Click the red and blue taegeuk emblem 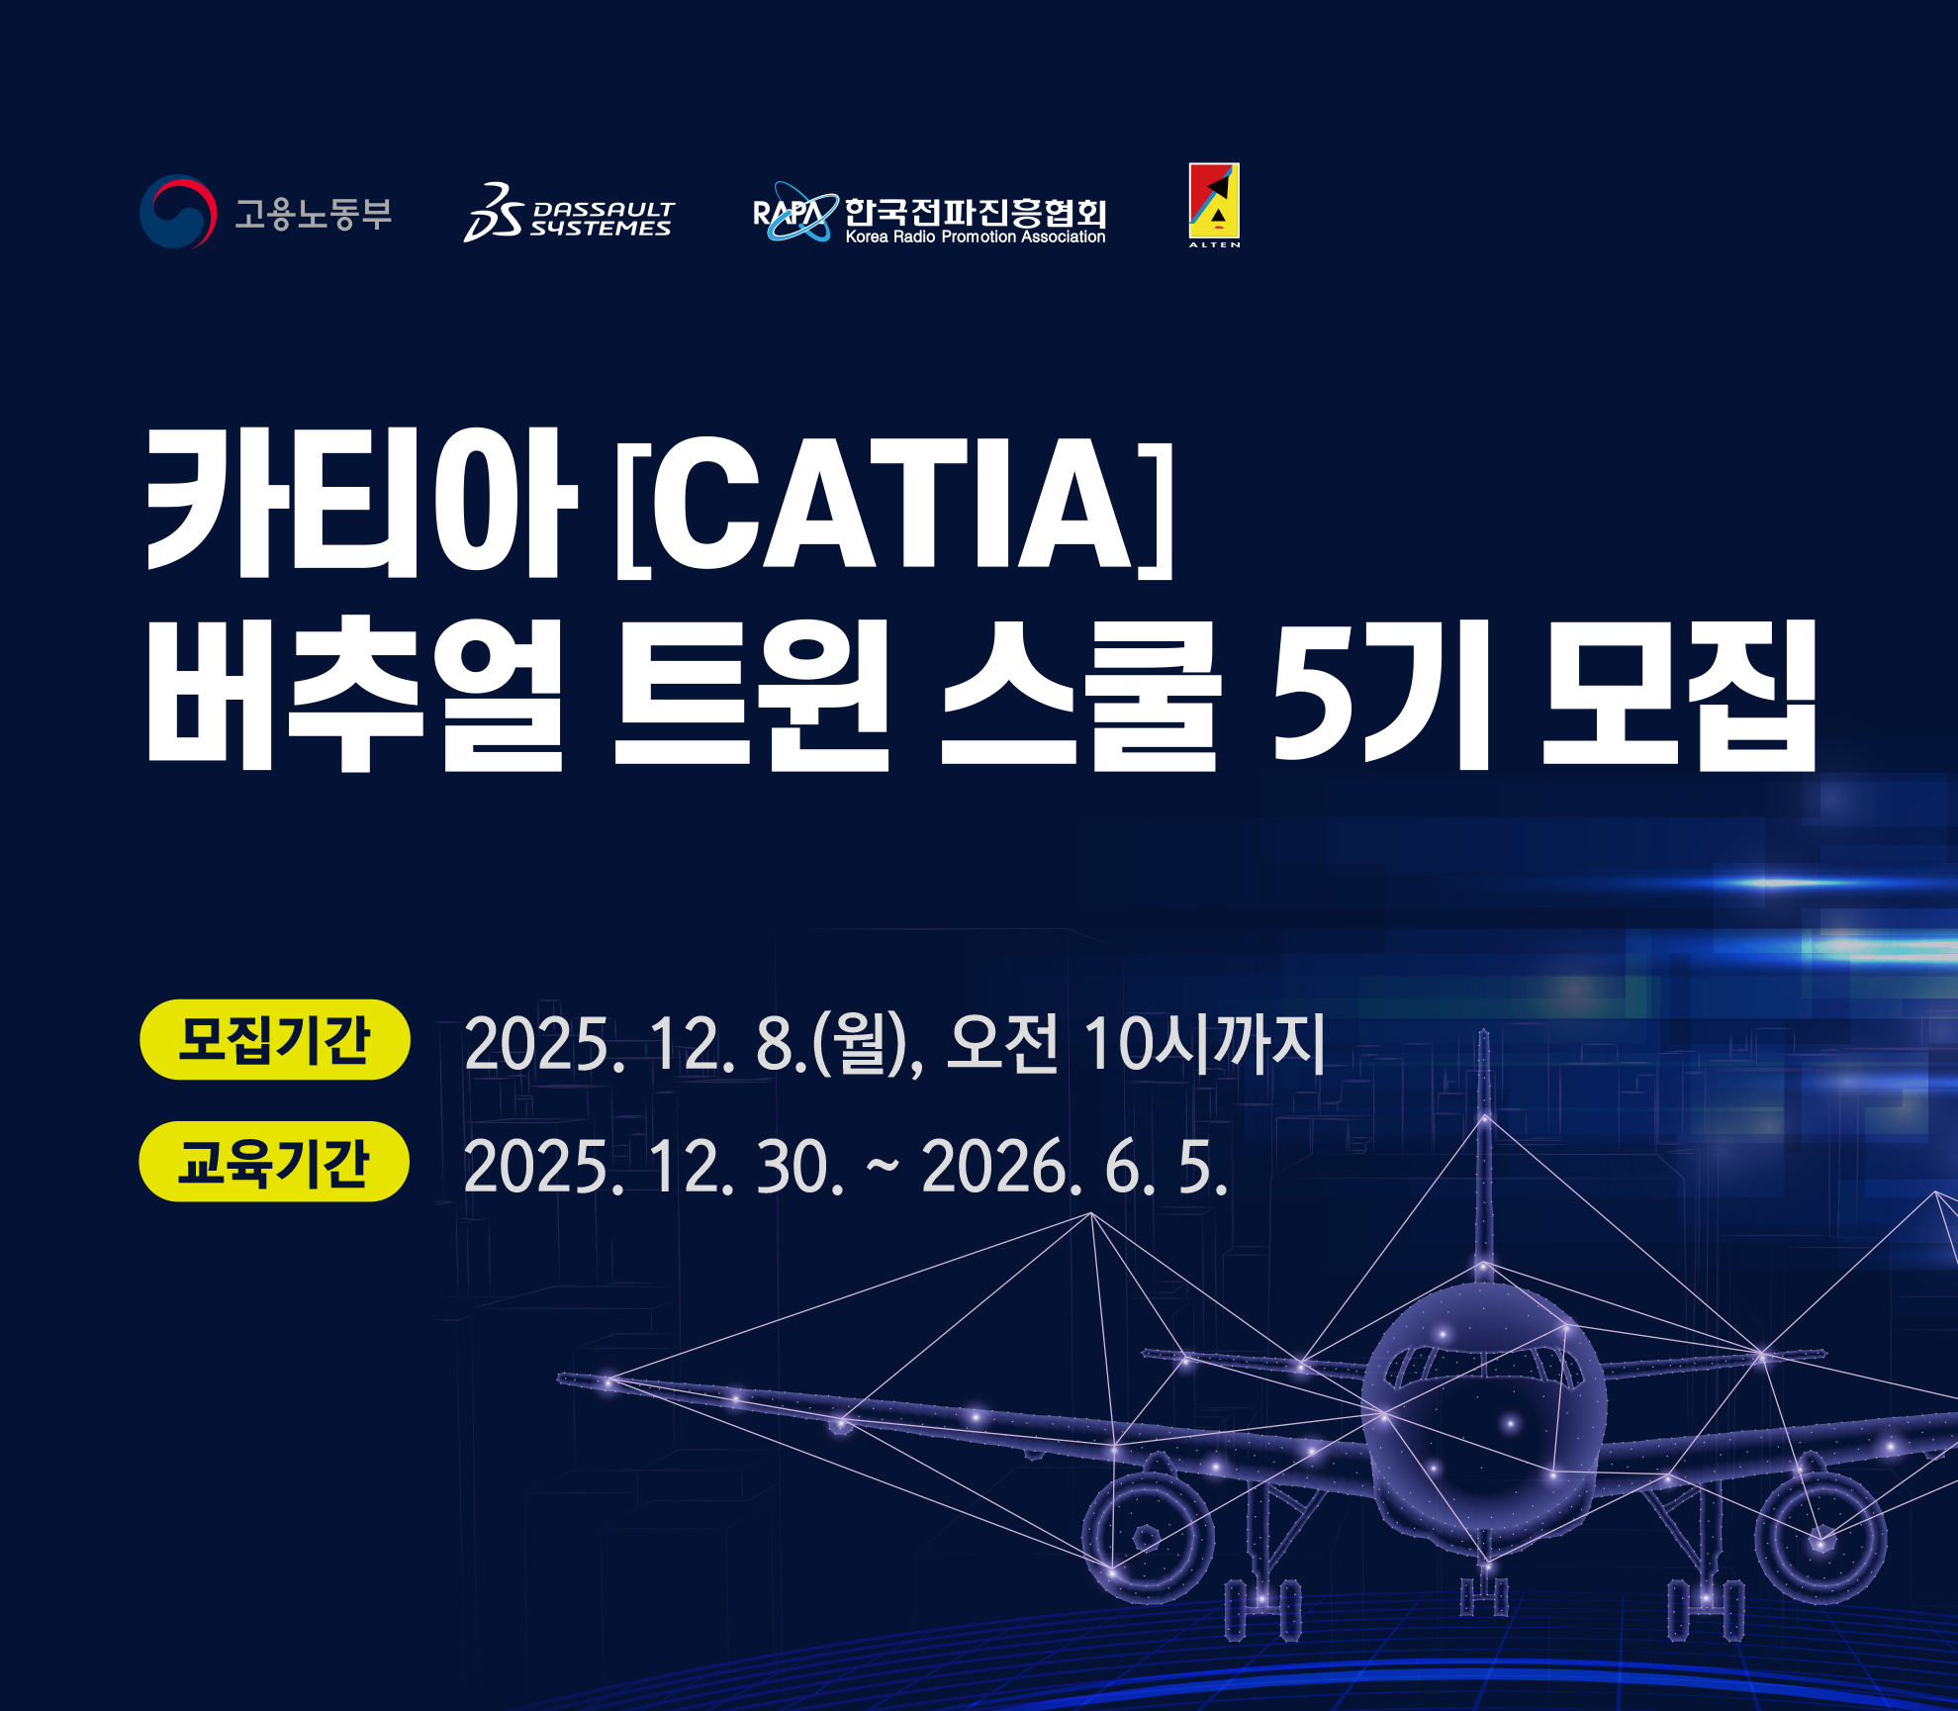(x=178, y=212)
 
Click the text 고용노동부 (x=313, y=213)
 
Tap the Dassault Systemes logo (x=569, y=212)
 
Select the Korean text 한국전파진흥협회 (x=975, y=211)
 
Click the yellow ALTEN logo (x=1214, y=205)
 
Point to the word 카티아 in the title (x=362, y=504)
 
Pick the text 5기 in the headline (x=1381, y=695)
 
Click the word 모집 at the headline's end (x=1680, y=695)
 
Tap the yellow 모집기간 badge (x=275, y=1039)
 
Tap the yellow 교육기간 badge (x=274, y=1162)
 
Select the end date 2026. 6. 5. (x=1075, y=1167)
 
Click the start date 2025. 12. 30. (x=653, y=1167)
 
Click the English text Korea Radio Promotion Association (x=976, y=238)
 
